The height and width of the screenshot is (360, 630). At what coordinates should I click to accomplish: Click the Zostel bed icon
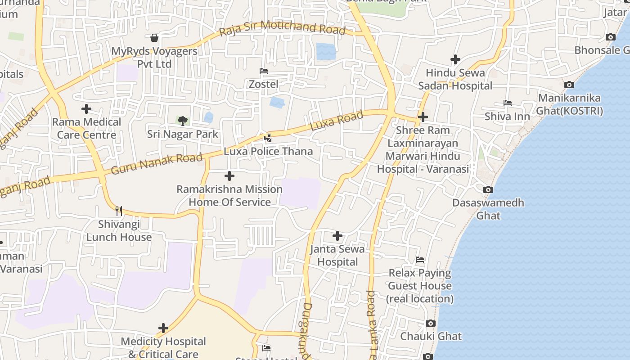[x=264, y=71]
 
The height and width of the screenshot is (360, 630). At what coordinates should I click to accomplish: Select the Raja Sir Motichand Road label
[x=282, y=28]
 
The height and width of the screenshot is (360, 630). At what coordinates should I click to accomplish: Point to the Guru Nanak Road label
[x=157, y=163]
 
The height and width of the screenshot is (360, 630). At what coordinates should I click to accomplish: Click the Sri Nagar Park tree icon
[x=182, y=121]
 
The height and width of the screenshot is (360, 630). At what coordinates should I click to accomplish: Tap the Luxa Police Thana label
[x=268, y=151]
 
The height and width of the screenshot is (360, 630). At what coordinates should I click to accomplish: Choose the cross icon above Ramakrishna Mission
[x=229, y=176]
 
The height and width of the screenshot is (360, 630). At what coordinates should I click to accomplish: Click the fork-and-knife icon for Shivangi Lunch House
[x=119, y=210]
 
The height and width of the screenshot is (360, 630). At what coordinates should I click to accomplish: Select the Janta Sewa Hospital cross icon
[x=337, y=235]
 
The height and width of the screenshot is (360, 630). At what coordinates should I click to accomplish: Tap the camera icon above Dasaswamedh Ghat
[x=488, y=189]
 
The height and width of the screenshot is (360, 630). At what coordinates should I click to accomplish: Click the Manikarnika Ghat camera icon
[x=569, y=85]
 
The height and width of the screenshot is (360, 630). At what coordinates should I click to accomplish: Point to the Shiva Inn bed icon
[x=508, y=103]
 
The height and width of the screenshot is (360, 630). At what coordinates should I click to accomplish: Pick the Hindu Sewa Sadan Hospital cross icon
[x=455, y=59]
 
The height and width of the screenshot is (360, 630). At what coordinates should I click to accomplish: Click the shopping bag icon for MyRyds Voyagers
[x=154, y=38]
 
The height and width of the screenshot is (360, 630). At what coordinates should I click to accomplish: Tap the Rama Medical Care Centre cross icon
[x=86, y=109]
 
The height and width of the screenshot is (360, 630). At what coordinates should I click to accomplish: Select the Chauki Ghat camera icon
[x=431, y=323]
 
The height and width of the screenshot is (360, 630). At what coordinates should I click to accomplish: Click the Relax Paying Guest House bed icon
[x=420, y=260]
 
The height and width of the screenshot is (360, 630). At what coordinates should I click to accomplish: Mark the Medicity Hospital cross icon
[x=163, y=328]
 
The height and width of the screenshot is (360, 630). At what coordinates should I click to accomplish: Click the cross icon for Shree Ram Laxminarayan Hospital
[x=423, y=117]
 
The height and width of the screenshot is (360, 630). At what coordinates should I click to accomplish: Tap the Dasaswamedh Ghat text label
[x=488, y=209]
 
